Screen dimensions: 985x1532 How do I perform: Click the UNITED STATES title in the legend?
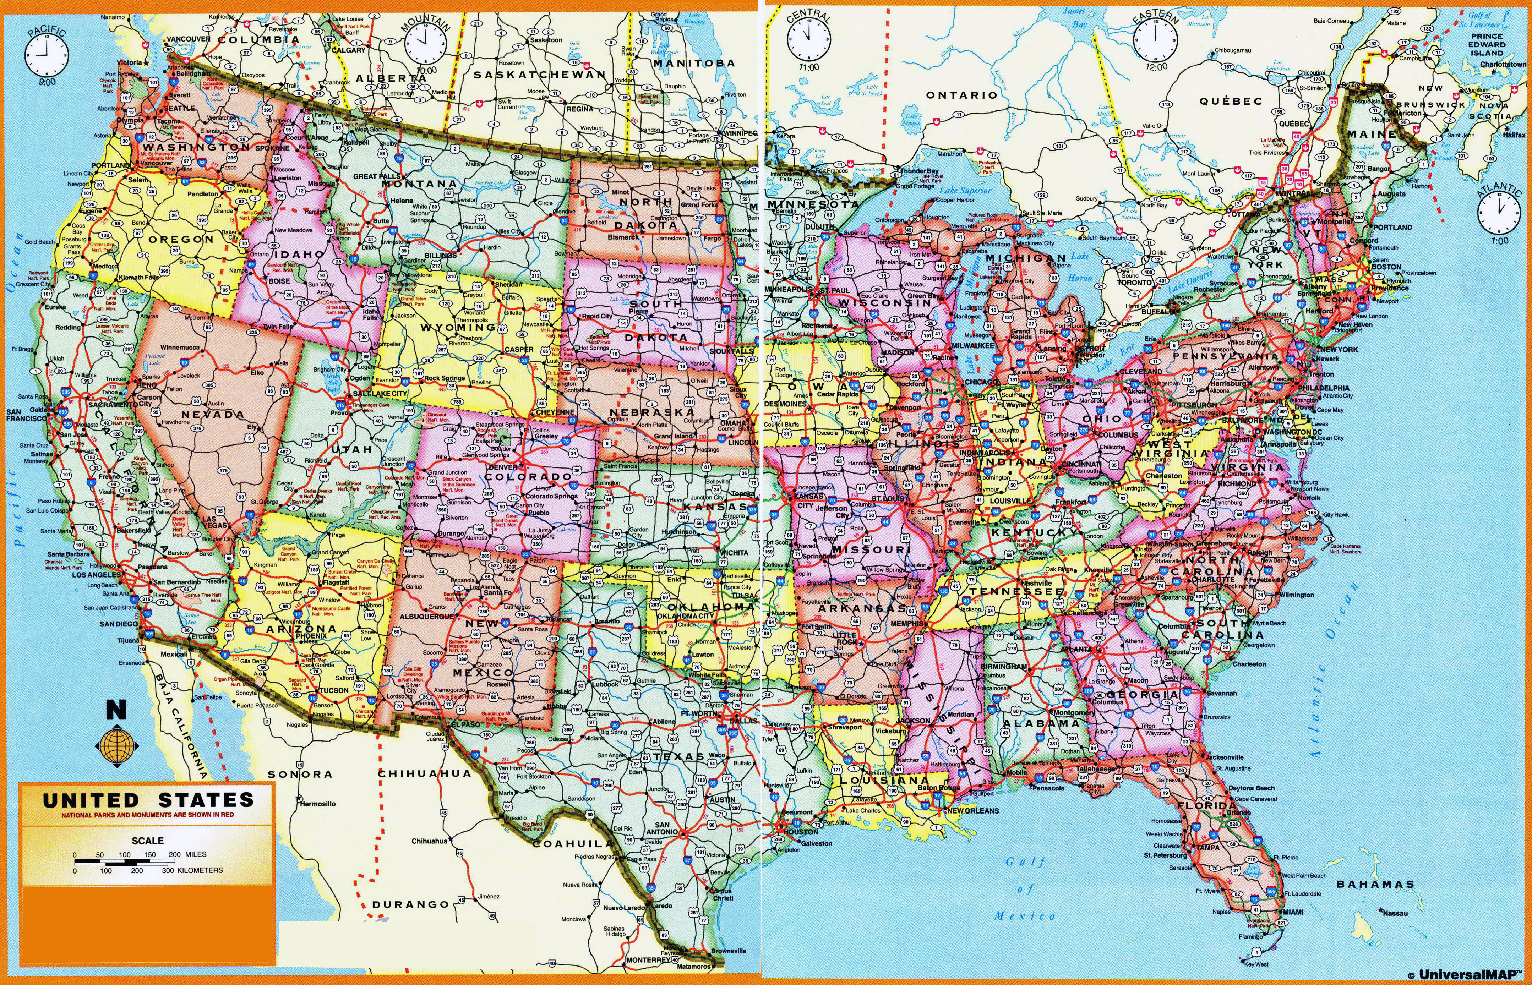(148, 800)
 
